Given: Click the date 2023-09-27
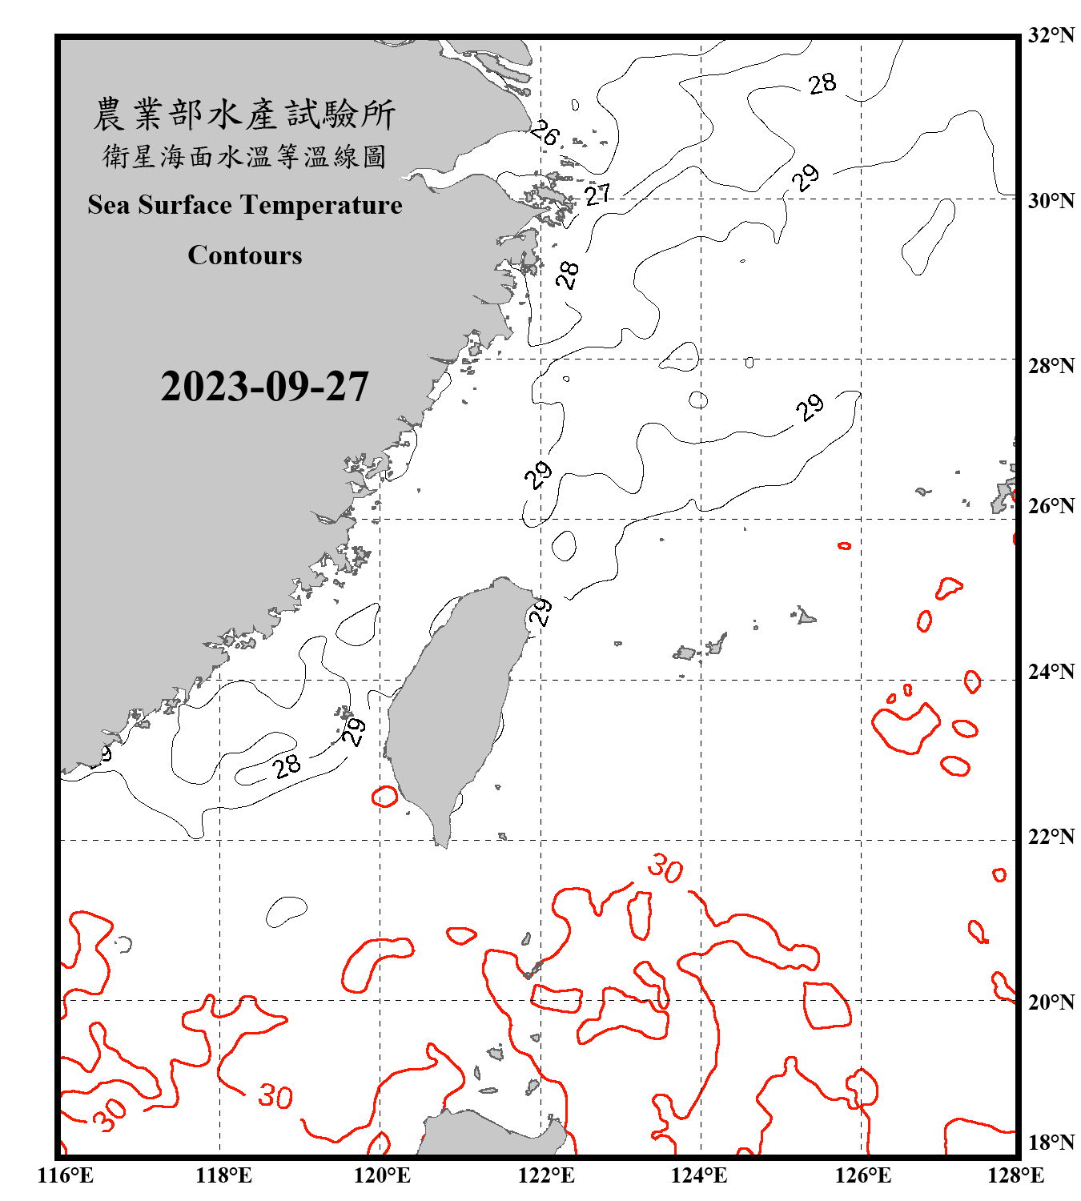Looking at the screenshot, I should [x=264, y=387].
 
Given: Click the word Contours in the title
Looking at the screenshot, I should [x=245, y=255].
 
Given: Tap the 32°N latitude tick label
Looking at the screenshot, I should [x=1051, y=35].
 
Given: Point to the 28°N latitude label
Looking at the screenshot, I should [x=1051, y=366].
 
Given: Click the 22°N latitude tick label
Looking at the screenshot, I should [x=1051, y=837].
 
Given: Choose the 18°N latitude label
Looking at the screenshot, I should [x=1051, y=1143].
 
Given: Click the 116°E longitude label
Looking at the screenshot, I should [x=65, y=1176].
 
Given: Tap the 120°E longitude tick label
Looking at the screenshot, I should [x=382, y=1176].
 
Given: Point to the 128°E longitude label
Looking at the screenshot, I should [x=1015, y=1176].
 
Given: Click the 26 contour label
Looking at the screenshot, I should [x=545, y=132].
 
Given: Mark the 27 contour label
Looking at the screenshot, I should [x=597, y=194].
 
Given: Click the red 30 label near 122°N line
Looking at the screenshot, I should [x=665, y=868].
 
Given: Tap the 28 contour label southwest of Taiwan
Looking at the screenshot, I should [x=286, y=766].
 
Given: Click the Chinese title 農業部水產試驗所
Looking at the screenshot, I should [x=244, y=114].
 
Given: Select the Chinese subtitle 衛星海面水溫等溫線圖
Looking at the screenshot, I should [x=244, y=156].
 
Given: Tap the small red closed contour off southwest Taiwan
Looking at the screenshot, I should [x=385, y=797].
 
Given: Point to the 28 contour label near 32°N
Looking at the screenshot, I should [x=822, y=83].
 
